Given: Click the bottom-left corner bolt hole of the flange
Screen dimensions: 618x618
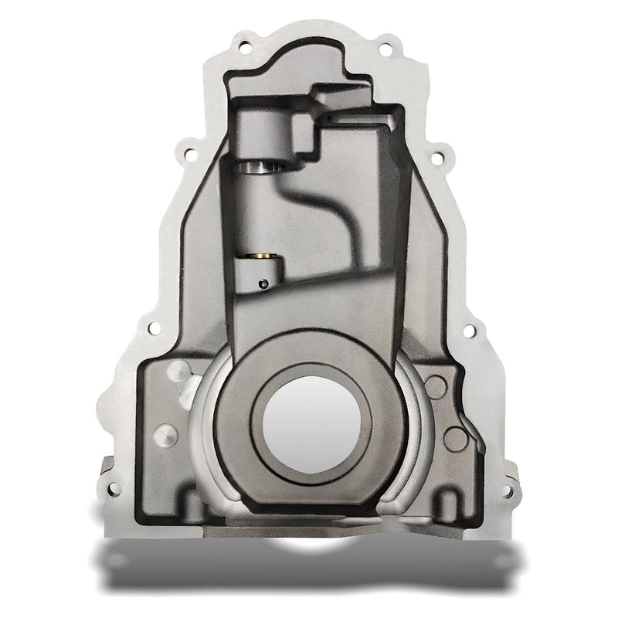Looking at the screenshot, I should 114,487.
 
